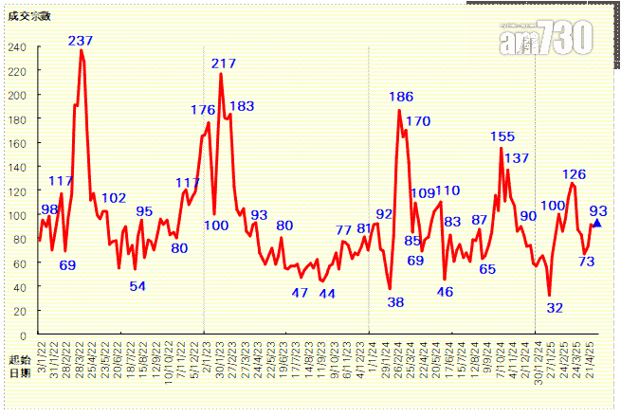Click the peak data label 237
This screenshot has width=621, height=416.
pyautogui.click(x=81, y=41)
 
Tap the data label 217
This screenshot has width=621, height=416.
pyautogui.click(x=224, y=63)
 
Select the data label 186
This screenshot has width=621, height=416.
pyautogui.click(x=401, y=97)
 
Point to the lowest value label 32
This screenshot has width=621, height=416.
pyautogui.click(x=555, y=307)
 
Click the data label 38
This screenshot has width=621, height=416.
pyautogui.click(x=396, y=302)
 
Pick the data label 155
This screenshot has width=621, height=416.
pyautogui.click(x=502, y=137)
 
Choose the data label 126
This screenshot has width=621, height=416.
pyautogui.click(x=574, y=174)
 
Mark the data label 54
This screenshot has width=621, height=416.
pyautogui.click(x=137, y=286)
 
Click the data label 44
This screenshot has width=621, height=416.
pyautogui.click(x=327, y=294)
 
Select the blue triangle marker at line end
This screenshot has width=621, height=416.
pyautogui.click(x=596, y=223)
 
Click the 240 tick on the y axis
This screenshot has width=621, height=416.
pyautogui.click(x=18, y=47)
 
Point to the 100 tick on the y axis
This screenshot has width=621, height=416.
pyautogui.click(x=18, y=215)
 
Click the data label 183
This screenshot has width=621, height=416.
pyautogui.click(x=242, y=106)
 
